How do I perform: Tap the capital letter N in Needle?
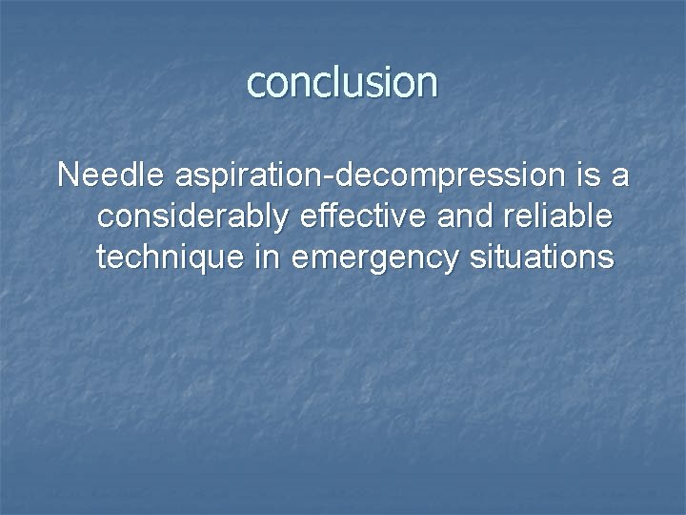[x=68, y=175]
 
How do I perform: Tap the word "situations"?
[x=540, y=257]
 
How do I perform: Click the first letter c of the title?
[x=255, y=85]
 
